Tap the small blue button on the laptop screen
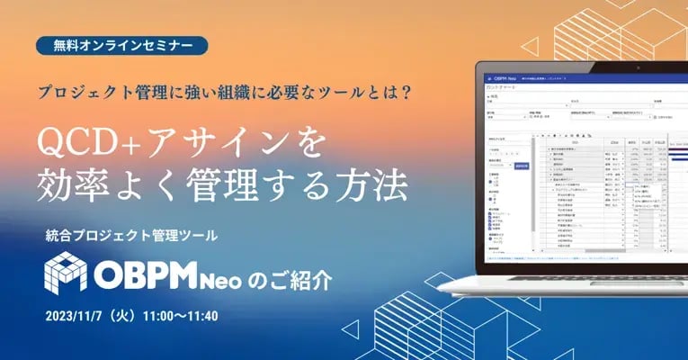(x=521, y=166)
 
